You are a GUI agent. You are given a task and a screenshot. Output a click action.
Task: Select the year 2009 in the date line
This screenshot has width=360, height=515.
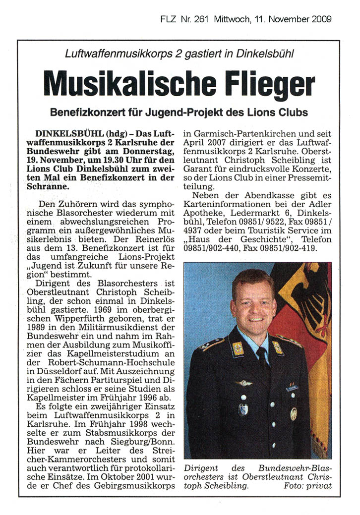(x=322, y=19)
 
